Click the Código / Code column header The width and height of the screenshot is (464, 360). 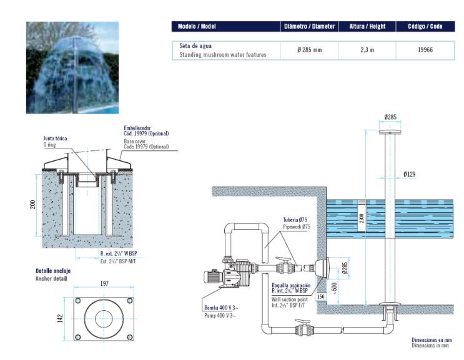[x=425, y=27]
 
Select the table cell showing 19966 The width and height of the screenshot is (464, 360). [x=425, y=50]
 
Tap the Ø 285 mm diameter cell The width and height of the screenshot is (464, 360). [x=309, y=50]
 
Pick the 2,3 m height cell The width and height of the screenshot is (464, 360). [x=367, y=50]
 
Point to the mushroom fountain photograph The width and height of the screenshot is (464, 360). [x=72, y=67]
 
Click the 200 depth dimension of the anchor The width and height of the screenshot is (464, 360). [x=33, y=205]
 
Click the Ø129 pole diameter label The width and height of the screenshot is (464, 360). [x=410, y=174]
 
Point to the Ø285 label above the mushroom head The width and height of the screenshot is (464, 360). [x=390, y=117]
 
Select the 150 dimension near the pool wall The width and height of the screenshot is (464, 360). [x=321, y=297]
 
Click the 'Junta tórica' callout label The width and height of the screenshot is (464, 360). [x=55, y=138]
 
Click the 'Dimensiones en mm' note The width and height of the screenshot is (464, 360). [x=430, y=339]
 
